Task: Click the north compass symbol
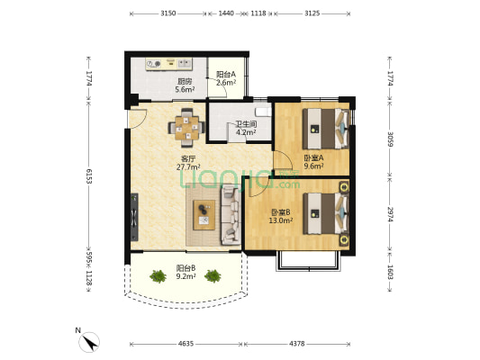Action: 89,342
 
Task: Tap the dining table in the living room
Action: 186,128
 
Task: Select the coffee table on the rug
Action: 204,215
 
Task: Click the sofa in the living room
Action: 231,215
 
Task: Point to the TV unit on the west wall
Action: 134,217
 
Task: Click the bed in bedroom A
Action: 326,129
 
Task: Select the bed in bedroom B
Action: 326,213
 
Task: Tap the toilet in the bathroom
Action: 263,112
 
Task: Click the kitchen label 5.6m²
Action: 186,90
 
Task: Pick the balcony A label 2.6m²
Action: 226,82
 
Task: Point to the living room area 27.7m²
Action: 188,167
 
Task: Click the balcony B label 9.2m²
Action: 186,276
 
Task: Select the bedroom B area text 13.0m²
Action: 281,220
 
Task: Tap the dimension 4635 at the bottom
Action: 186,344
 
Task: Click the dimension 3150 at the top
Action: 168,13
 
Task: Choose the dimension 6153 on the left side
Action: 89,176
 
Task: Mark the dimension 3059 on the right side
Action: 390,139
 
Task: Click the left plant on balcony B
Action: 158,276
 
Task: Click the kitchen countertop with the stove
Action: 168,64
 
